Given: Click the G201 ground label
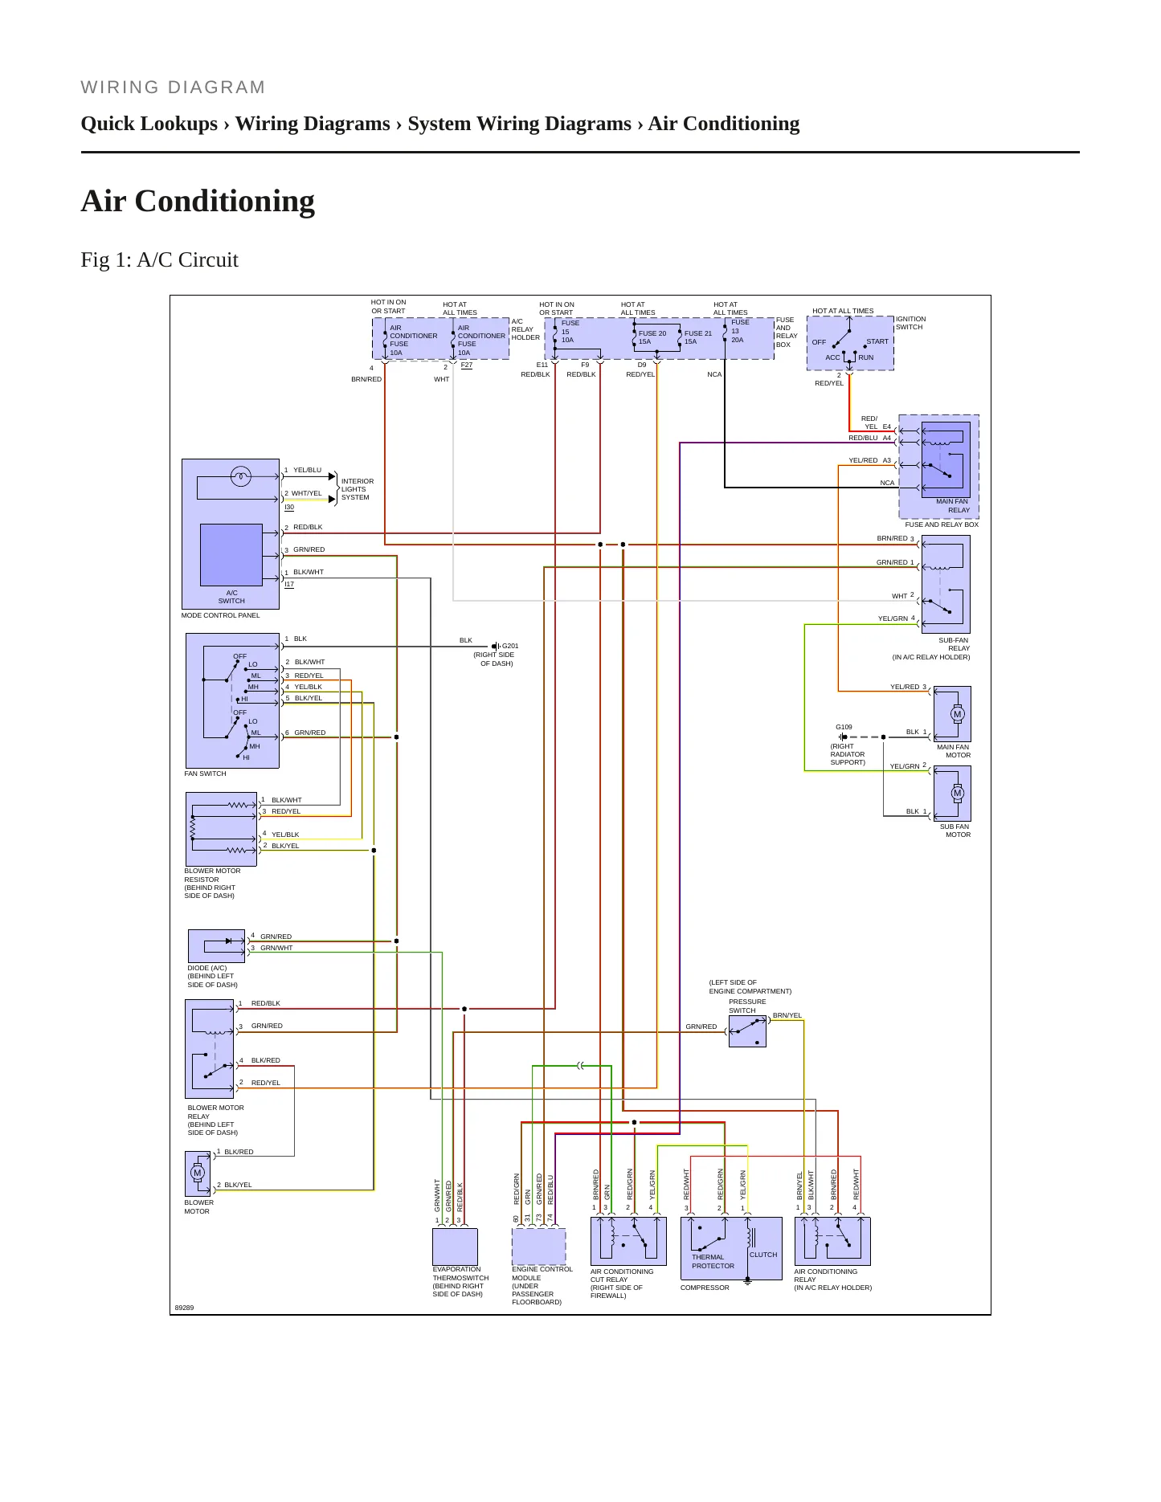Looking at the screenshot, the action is click(510, 646).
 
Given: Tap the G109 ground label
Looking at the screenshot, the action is click(844, 727).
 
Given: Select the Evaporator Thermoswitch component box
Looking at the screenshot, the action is click(455, 1247).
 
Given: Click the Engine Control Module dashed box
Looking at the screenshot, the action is click(538, 1247).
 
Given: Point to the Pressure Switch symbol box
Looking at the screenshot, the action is click(747, 1031).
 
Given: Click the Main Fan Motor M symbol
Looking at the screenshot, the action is click(957, 714).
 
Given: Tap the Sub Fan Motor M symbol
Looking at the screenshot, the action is click(957, 794).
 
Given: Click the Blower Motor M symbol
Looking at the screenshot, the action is click(198, 1173).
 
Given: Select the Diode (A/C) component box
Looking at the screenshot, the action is click(216, 946).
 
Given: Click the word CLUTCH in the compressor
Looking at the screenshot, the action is click(763, 1255).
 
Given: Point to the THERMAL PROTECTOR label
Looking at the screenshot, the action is click(713, 1262).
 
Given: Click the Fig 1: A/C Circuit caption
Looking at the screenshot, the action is click(159, 259).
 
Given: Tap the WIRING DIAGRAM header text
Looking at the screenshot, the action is click(173, 88).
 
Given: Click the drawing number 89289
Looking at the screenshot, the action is click(184, 1308).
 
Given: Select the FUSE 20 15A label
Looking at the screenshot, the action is click(652, 337).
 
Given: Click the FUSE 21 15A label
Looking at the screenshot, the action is click(697, 337).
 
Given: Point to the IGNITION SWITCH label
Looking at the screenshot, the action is click(910, 323).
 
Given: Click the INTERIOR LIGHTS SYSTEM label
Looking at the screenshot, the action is click(357, 489).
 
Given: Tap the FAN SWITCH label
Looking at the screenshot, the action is click(205, 773).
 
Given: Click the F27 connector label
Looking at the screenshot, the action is click(467, 365).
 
